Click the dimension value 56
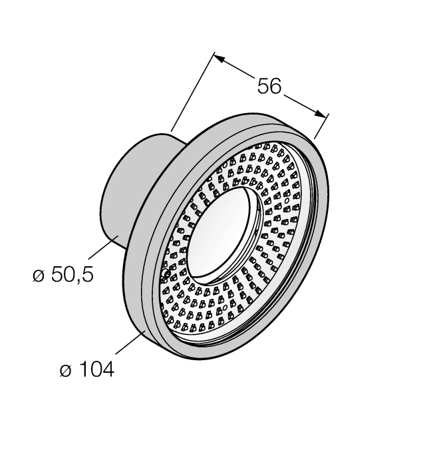click(x=269, y=86)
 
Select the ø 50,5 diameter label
click(x=63, y=275)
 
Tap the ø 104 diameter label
click(x=86, y=369)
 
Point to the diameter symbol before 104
click(x=65, y=371)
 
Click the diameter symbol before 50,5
click(x=39, y=276)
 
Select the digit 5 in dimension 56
click(x=261, y=86)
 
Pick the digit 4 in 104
click(x=107, y=369)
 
